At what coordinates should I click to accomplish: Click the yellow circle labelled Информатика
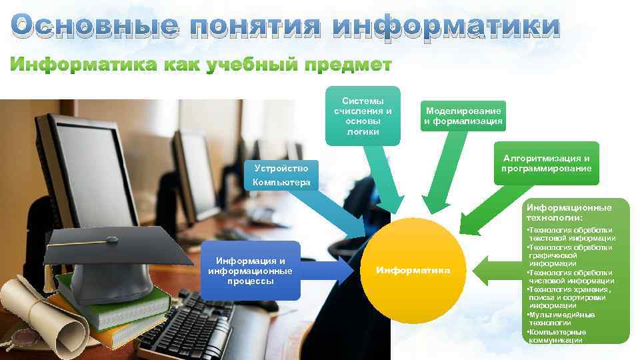click(x=413, y=270)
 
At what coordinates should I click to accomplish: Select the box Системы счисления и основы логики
click(x=363, y=115)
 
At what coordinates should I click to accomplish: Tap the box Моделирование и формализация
click(x=463, y=116)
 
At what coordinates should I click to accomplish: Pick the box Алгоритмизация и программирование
click(x=547, y=163)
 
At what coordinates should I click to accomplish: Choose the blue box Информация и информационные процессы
click(x=250, y=270)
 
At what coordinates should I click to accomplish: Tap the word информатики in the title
click(x=447, y=27)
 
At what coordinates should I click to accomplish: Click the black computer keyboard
click(x=193, y=327)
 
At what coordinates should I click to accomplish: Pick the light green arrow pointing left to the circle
click(x=497, y=270)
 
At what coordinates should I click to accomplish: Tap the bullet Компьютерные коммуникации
click(x=557, y=335)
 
